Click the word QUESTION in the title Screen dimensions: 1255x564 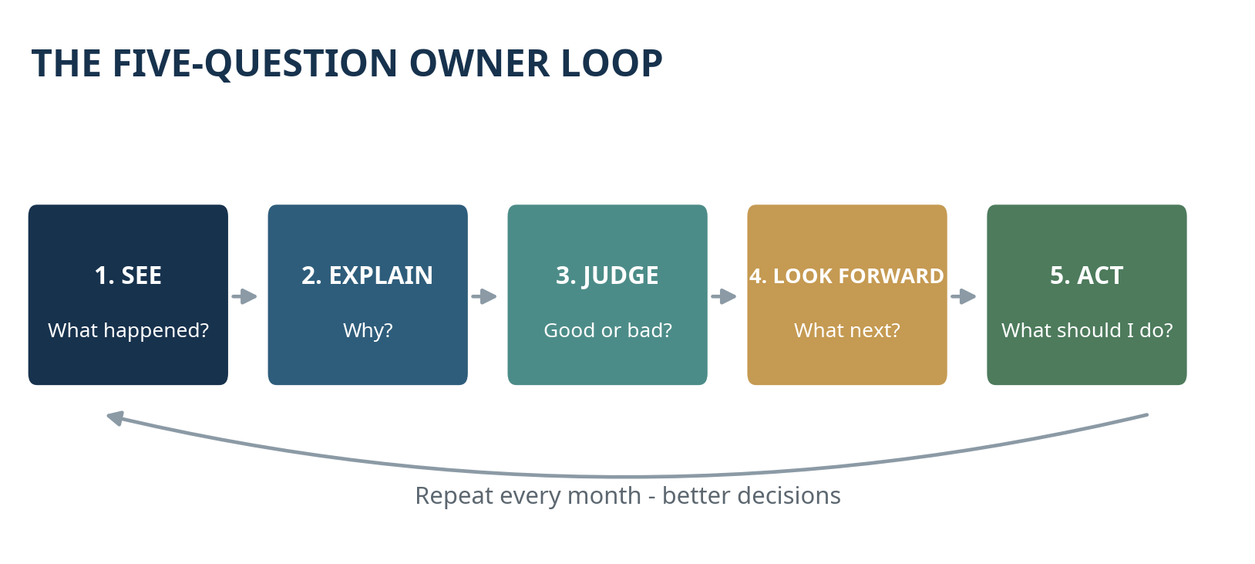click(301, 64)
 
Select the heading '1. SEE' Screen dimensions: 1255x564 click(128, 275)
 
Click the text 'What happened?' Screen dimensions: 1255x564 click(128, 330)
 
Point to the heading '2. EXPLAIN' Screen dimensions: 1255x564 click(368, 275)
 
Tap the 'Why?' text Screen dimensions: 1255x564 click(368, 330)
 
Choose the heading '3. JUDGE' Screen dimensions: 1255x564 click(607, 276)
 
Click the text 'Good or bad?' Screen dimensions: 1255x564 click(608, 330)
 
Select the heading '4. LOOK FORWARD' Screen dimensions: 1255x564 click(846, 276)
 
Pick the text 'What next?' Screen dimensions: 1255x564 click(847, 330)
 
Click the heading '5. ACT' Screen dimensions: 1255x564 click(1086, 275)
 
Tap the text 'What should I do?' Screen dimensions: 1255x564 click(1087, 330)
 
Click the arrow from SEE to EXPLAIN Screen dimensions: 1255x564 click(244, 296)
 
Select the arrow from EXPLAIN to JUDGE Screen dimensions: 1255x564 click(484, 296)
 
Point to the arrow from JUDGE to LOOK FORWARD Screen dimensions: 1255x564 click(724, 296)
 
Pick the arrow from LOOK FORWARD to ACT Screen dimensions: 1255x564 click(964, 296)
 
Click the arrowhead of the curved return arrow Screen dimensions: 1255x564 click(115, 417)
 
